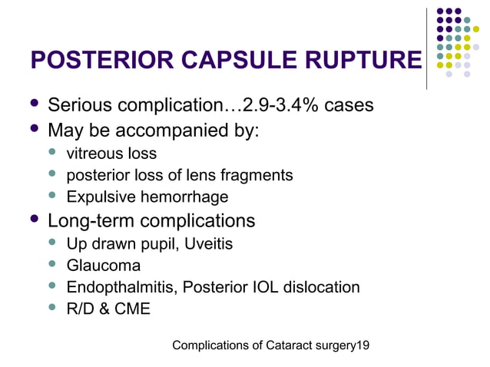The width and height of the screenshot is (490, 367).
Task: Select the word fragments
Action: [x=260, y=175]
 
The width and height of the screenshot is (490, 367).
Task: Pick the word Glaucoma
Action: [x=104, y=266]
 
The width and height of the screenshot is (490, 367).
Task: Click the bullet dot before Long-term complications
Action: [x=33, y=220]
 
